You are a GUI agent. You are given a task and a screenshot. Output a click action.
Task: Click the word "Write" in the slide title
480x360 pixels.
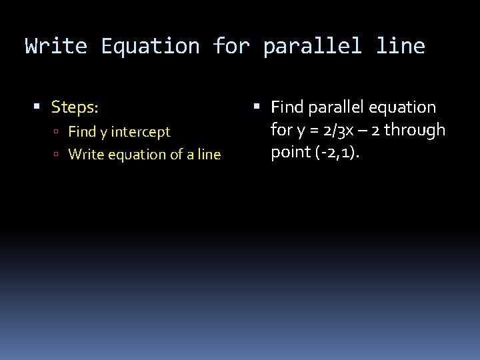pos(56,46)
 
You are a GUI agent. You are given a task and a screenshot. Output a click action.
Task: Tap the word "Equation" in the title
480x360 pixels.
pos(150,46)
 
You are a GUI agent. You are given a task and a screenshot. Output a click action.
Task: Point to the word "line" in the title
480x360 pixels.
pos(400,46)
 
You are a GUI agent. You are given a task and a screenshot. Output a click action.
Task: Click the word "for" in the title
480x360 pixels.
pos(231,46)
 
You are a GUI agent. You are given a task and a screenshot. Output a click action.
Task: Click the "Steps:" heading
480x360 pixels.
pos(75,107)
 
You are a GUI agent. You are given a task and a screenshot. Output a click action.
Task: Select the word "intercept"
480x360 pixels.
pos(139,132)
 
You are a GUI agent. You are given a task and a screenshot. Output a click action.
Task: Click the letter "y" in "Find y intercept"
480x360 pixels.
pos(103,133)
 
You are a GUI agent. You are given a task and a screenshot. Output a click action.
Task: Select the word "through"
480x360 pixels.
pos(415,129)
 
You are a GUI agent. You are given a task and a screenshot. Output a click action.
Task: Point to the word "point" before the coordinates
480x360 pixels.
pos(289,153)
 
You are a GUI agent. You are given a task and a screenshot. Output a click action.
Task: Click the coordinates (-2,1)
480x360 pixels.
pos(337,153)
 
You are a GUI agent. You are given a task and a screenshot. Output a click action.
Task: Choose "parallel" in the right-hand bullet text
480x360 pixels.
pos(331,107)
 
